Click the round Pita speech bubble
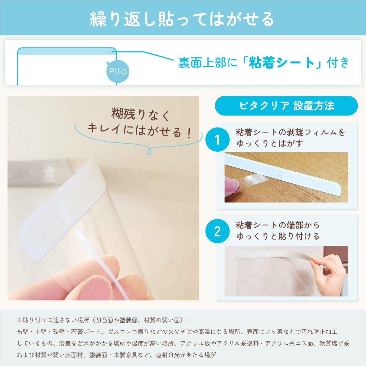coord(117,71)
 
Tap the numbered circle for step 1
coord(217,139)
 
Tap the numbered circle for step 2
coord(217,231)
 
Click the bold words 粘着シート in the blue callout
coord(282,63)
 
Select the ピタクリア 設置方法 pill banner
coord(286,106)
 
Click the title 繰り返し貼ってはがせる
coord(182,19)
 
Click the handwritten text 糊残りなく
coord(140,115)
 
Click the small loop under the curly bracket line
coord(149,151)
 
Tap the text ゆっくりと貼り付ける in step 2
coord(278,236)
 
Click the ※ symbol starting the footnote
coord(20,321)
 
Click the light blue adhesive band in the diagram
coord(67,52)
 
